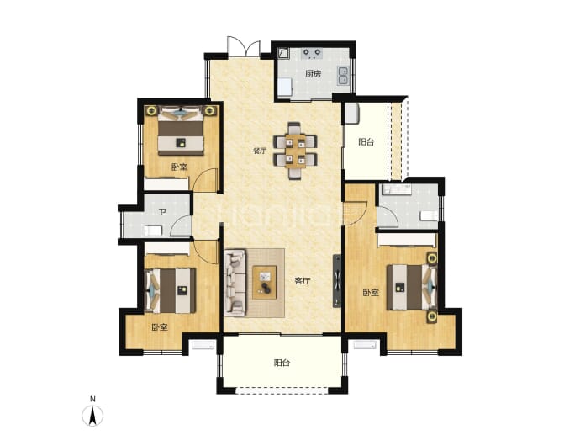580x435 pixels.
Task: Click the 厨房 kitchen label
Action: click(313, 74)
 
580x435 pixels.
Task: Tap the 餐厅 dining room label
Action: click(259, 151)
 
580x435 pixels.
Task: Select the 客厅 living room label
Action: click(303, 281)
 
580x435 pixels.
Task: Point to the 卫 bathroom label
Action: click(162, 213)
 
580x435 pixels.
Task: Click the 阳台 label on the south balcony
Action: click(282, 363)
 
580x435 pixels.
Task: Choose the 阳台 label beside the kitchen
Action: click(366, 142)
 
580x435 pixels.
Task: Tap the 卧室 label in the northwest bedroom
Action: click(179, 167)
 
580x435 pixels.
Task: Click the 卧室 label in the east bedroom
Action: click(371, 293)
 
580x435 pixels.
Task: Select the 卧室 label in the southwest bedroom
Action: click(160, 327)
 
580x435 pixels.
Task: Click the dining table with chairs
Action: click(295, 151)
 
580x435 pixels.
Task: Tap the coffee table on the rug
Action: click(265, 282)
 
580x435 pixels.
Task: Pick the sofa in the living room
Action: click(235, 283)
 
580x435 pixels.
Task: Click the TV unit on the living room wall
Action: click(337, 281)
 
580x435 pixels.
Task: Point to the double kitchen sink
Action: click(343, 76)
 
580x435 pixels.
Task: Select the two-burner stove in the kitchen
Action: click(312, 54)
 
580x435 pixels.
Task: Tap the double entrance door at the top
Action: click(244, 46)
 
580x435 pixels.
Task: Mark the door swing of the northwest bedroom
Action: click(203, 180)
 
